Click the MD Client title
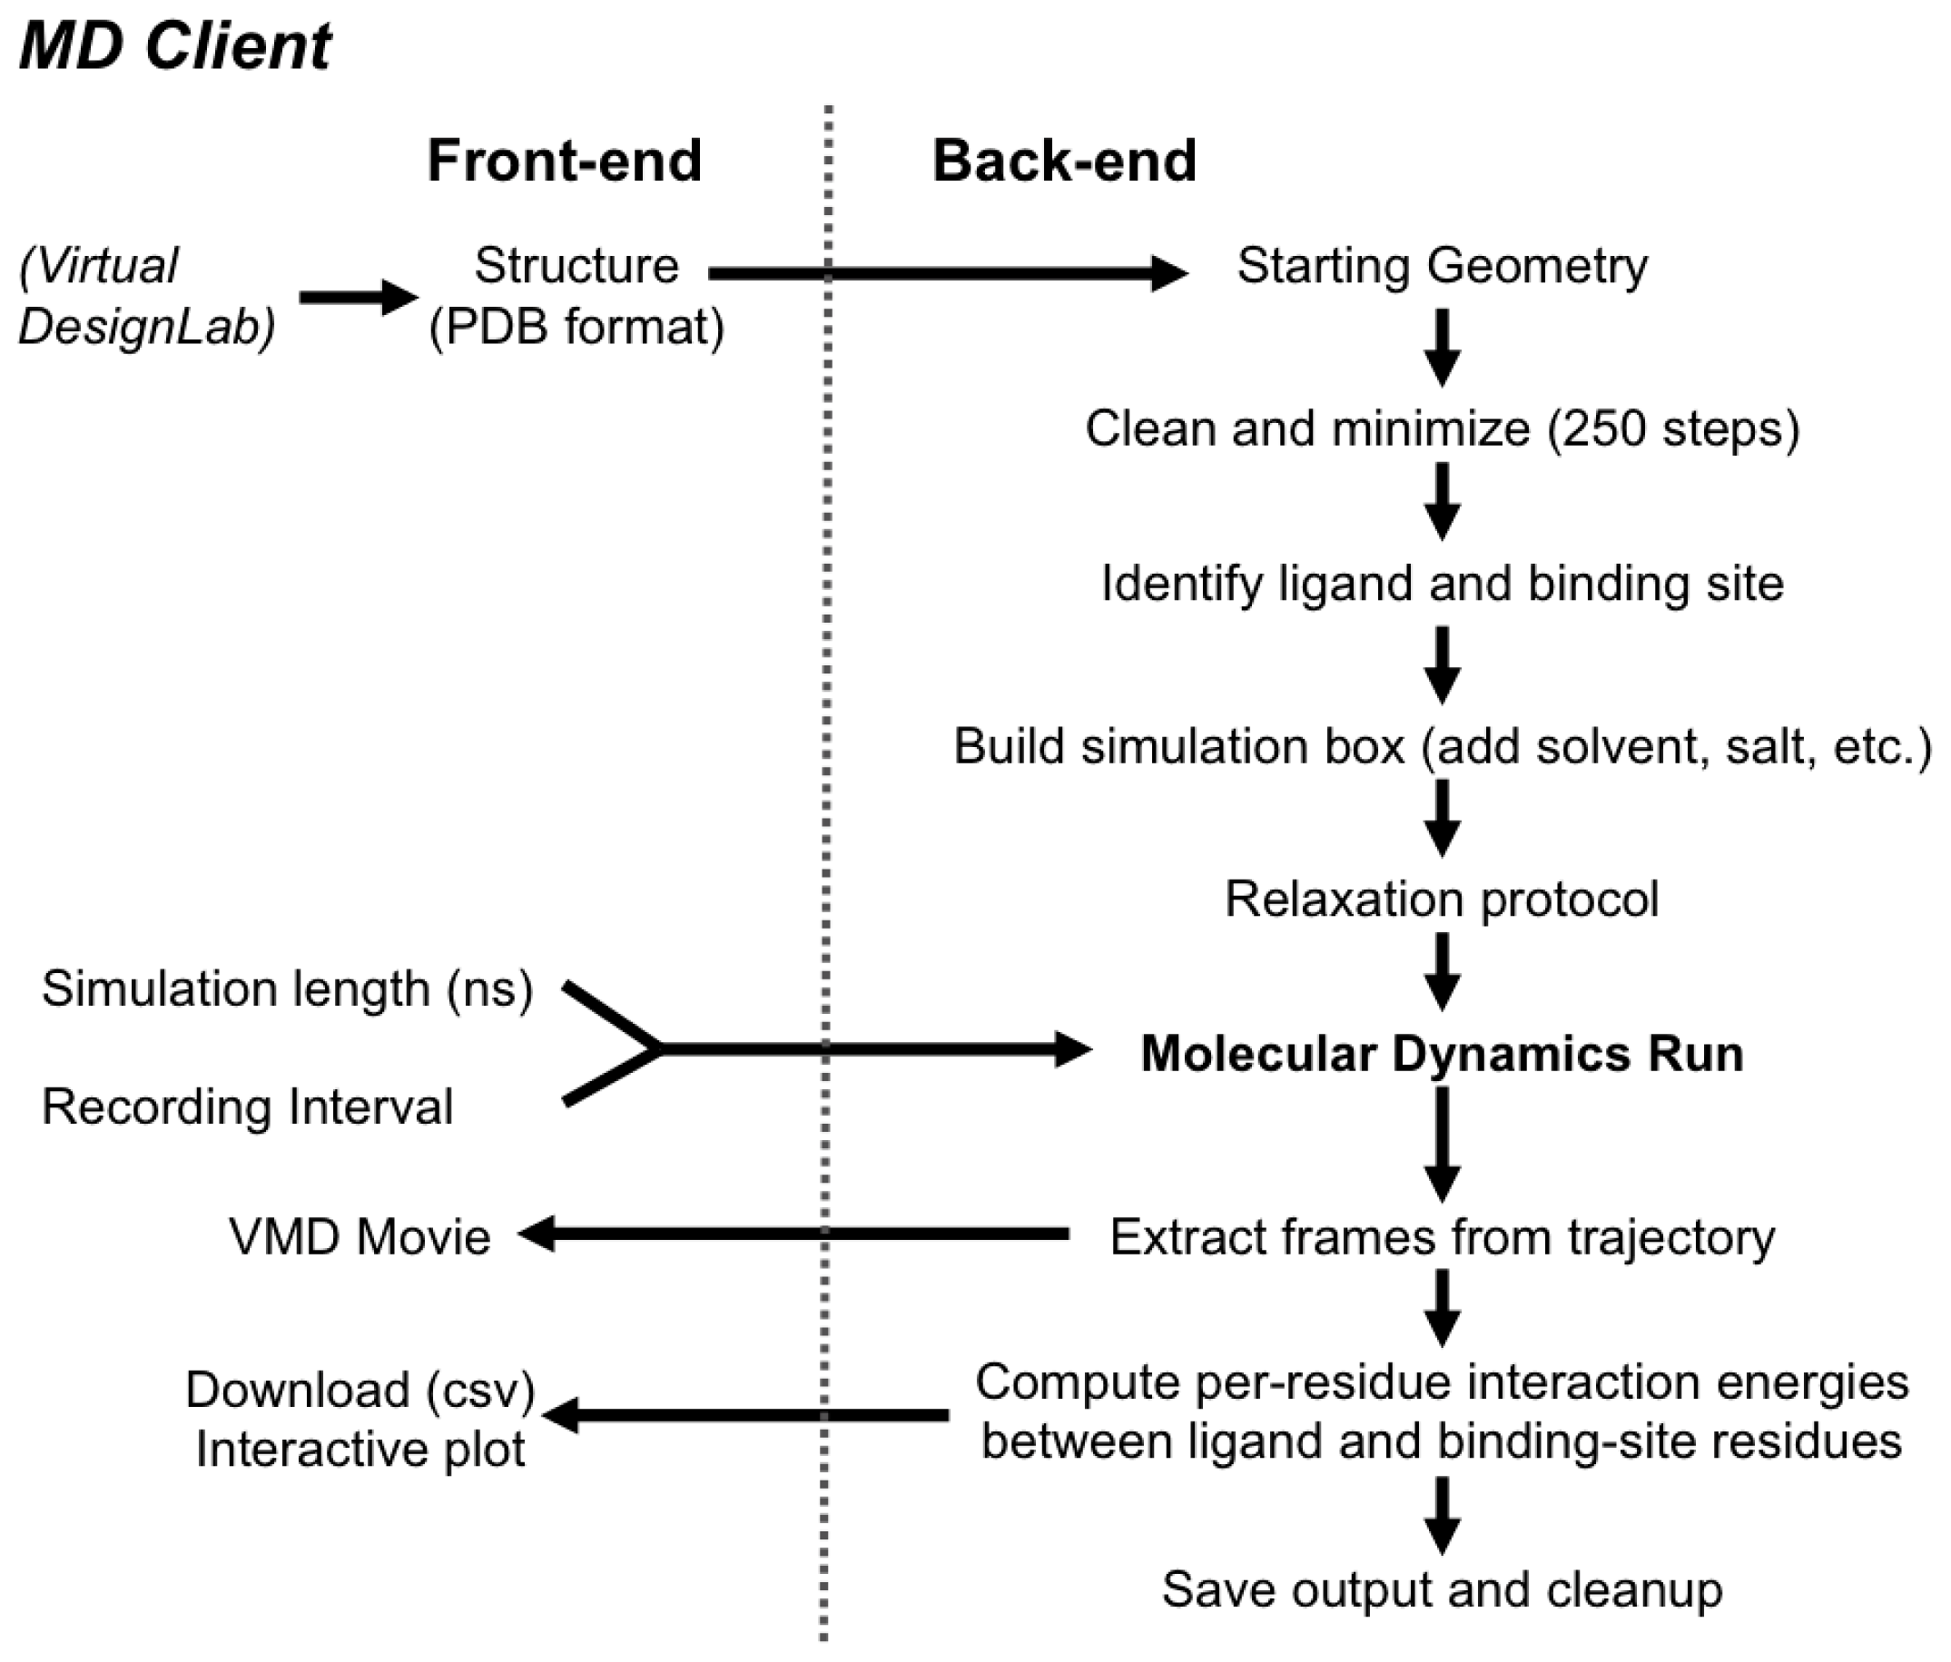pyautogui.click(x=175, y=46)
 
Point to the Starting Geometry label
pyautogui.click(x=1442, y=266)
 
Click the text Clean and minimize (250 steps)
pyautogui.click(x=1442, y=429)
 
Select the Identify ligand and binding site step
pyautogui.click(x=1442, y=583)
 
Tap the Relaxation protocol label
pyautogui.click(x=1442, y=899)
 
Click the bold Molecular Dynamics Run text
pyautogui.click(x=1442, y=1053)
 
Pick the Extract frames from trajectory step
pyautogui.click(x=1442, y=1236)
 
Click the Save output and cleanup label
pyautogui.click(x=1442, y=1589)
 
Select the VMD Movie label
pyautogui.click(x=360, y=1236)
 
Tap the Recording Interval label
pyautogui.click(x=247, y=1106)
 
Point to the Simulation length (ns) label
pyautogui.click(x=287, y=988)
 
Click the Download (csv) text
pyautogui.click(x=360, y=1390)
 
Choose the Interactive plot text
pyautogui.click(x=360, y=1450)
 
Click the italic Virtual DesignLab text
pyautogui.click(x=146, y=297)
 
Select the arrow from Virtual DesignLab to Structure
pyautogui.click(x=358, y=297)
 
